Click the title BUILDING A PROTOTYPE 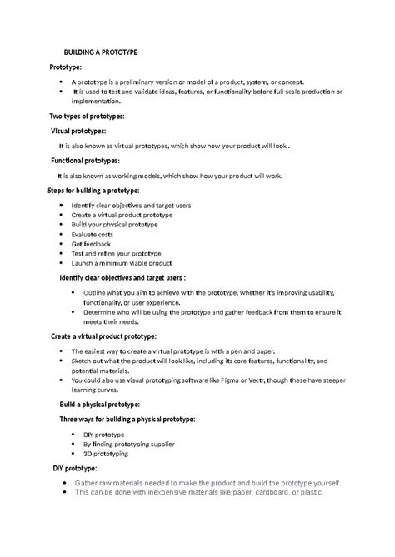(101, 52)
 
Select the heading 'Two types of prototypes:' (87, 117)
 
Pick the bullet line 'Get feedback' (94, 244)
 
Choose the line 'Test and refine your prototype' (116, 254)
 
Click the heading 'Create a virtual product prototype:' (116, 337)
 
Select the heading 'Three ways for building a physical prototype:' (127, 419)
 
